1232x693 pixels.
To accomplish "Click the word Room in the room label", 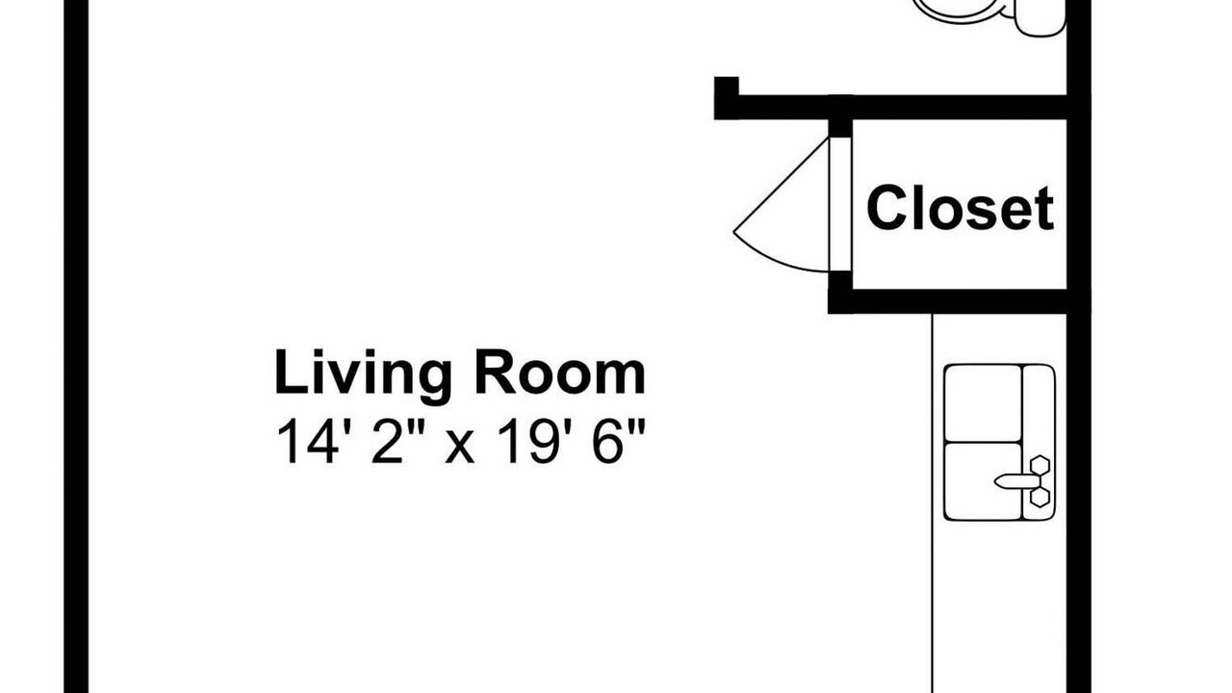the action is click(560, 372).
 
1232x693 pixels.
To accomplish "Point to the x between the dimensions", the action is click(459, 448).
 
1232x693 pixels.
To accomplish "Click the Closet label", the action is click(961, 209).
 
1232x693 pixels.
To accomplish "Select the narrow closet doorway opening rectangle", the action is click(840, 204).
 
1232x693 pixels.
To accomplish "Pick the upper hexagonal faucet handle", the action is click(1039, 465).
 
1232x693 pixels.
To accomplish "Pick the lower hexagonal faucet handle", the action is click(1039, 498).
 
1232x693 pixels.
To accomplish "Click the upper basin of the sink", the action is click(983, 403).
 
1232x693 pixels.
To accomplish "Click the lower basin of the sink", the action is click(983, 481).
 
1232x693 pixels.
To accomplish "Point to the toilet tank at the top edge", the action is click(1039, 17).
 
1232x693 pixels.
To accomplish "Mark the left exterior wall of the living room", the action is click(76, 346).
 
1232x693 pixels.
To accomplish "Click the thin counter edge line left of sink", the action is click(933, 503).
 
